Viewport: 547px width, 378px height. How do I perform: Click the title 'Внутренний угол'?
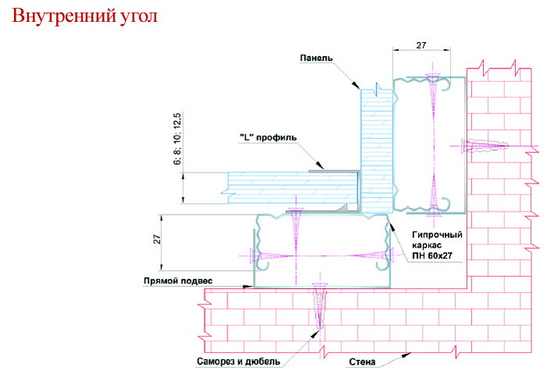point(84,16)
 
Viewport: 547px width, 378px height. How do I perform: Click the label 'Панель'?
point(316,58)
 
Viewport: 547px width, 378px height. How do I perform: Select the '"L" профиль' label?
point(268,137)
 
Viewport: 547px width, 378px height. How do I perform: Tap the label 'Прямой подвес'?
point(178,280)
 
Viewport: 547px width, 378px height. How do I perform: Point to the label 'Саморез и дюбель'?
point(238,362)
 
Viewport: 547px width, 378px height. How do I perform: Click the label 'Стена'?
point(362,362)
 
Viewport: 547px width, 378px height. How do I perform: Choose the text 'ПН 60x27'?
point(432,255)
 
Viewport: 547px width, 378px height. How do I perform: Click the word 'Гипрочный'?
point(437,234)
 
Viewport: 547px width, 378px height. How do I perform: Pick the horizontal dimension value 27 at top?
point(421,45)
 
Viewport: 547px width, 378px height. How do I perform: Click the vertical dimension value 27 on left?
point(157,239)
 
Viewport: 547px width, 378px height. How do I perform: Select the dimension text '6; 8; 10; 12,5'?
point(177,138)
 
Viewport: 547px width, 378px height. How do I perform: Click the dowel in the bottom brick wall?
point(319,306)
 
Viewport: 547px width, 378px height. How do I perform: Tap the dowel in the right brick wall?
point(485,146)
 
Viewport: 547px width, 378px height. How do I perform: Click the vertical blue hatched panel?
point(377,151)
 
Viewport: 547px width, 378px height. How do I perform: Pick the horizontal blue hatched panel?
point(293,188)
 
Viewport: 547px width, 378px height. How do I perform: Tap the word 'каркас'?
point(427,245)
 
